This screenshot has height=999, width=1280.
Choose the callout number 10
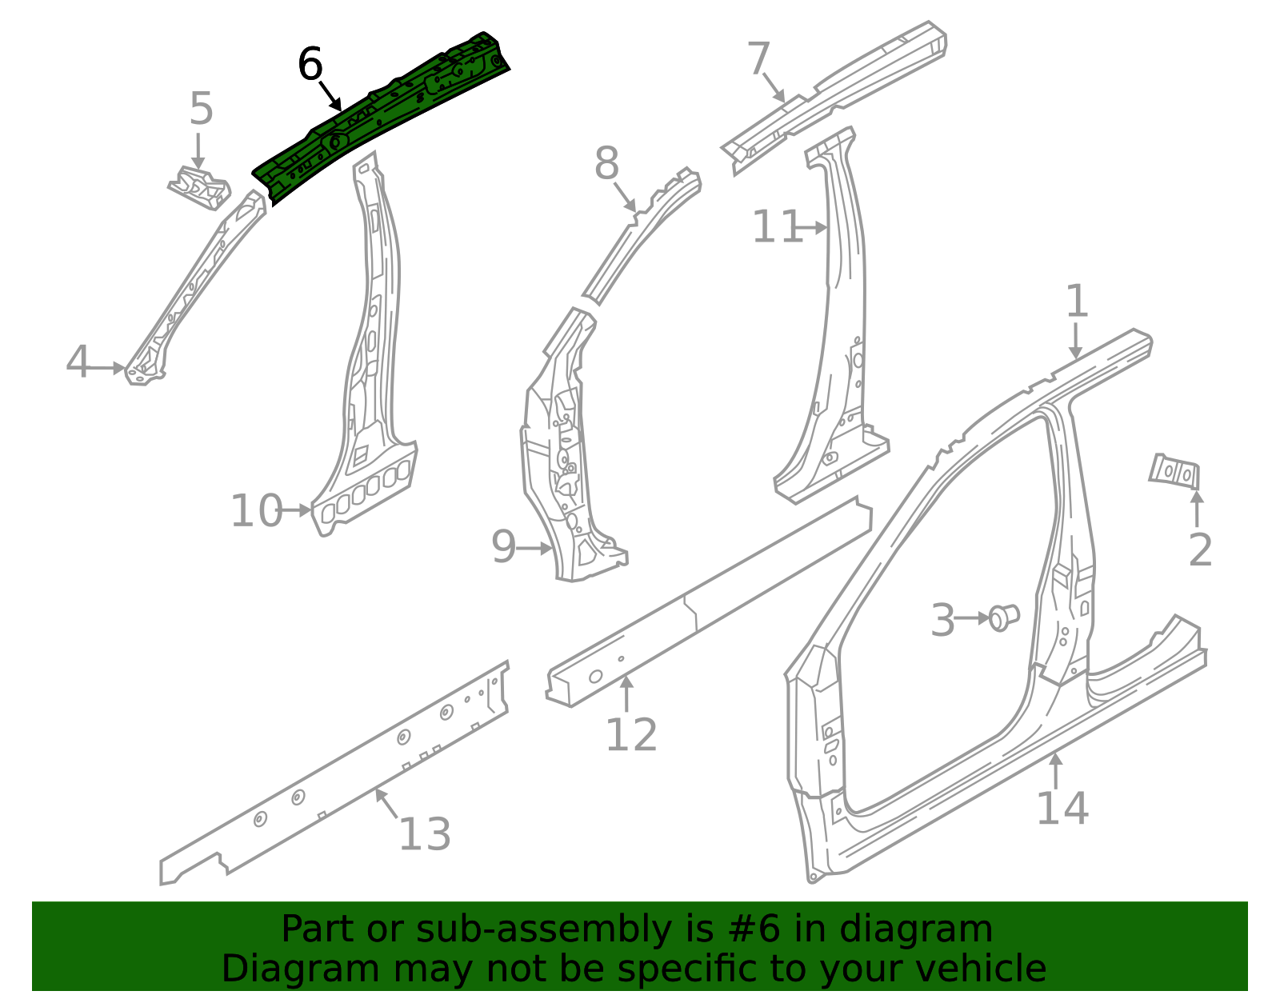(256, 511)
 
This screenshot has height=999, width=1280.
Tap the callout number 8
(606, 164)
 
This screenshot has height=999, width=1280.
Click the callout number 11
(776, 227)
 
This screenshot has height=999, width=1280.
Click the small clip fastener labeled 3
(1004, 617)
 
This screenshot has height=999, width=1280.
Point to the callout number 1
(1077, 302)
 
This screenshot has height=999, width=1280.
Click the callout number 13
(424, 834)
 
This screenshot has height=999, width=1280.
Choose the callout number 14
(1062, 808)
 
